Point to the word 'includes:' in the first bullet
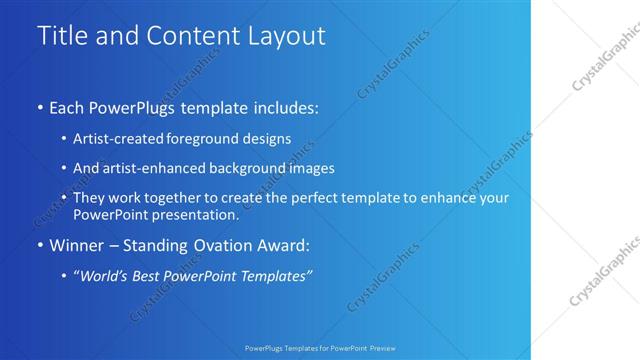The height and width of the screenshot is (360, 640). point(282,106)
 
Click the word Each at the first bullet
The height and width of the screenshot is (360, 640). point(66,106)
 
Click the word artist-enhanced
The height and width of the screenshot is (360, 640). point(143,169)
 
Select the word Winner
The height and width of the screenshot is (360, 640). point(74,244)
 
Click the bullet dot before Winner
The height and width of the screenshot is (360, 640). point(40,245)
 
